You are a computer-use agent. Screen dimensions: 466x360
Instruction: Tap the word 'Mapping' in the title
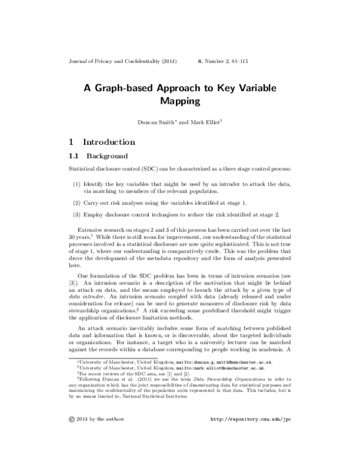(180, 101)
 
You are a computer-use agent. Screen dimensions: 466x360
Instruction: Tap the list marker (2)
(77, 203)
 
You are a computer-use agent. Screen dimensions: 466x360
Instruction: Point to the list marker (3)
(77, 215)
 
